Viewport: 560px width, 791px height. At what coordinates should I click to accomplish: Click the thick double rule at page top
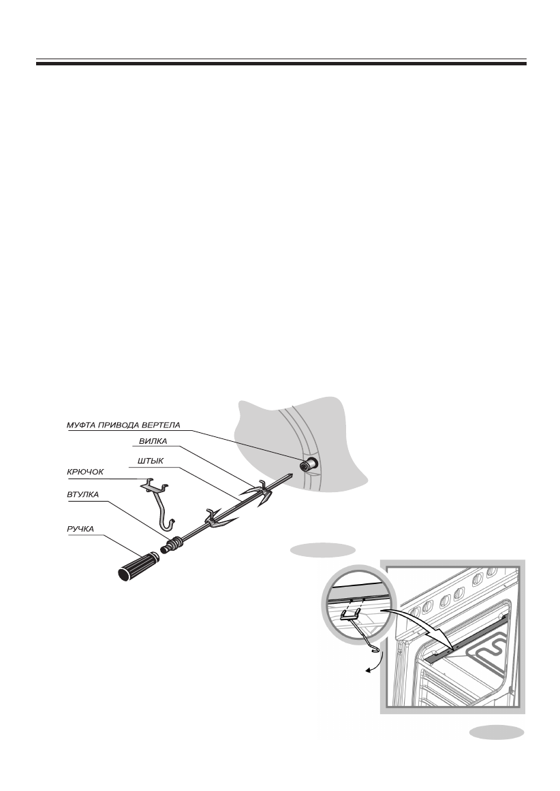(x=281, y=63)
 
